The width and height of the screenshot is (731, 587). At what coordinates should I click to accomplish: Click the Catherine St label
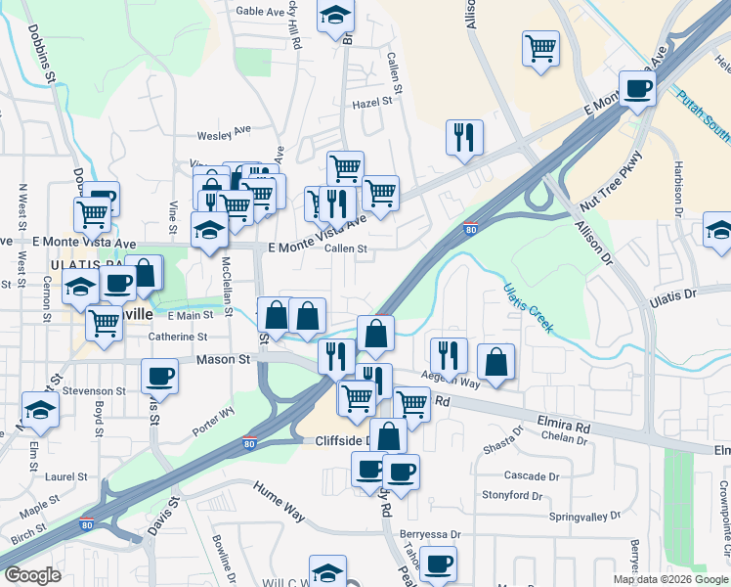coord(178,337)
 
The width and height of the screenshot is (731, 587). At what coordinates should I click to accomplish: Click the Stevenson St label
coord(94,390)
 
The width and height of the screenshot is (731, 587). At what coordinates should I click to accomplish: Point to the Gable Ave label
coord(259,12)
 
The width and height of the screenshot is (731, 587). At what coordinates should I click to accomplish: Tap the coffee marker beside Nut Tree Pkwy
coord(637,89)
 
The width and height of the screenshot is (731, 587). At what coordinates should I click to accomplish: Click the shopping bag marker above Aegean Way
coord(497,361)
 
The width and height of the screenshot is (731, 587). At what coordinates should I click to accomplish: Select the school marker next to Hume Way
coord(328,571)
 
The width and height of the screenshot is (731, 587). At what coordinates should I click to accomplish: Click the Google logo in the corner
coord(32,575)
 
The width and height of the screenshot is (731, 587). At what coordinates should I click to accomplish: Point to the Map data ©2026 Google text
coord(669,579)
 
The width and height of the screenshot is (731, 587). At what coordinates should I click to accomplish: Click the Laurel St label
coord(65,477)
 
